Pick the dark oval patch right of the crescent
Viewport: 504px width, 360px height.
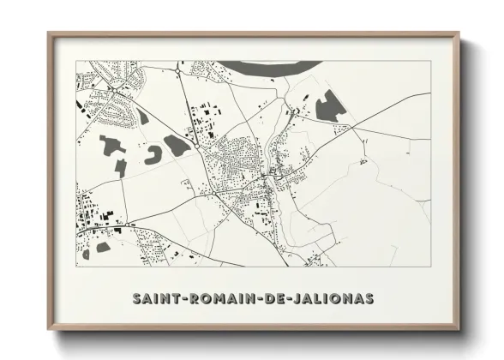point(177,145)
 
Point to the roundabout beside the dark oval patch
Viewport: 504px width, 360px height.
point(198,147)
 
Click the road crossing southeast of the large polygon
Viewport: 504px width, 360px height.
point(352,129)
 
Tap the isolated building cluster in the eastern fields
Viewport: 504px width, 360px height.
point(364,160)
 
